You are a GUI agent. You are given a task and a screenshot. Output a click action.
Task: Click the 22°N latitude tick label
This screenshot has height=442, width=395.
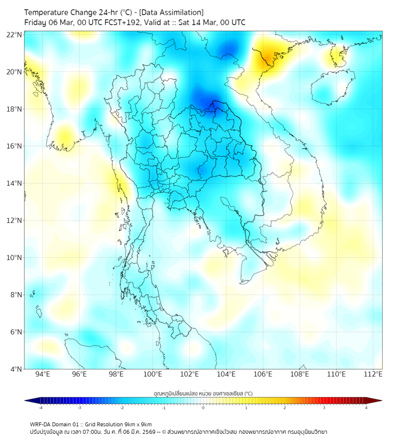click(x=15, y=34)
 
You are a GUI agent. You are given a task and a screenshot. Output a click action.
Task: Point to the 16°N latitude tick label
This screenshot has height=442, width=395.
click(x=15, y=146)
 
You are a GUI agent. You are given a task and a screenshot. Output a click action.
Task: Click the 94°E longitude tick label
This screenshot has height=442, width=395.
click(x=43, y=374)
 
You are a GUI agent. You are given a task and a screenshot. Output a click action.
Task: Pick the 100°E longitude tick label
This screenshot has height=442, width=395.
click(x=153, y=374)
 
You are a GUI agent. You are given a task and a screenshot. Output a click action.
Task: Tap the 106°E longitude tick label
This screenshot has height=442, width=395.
click(x=264, y=374)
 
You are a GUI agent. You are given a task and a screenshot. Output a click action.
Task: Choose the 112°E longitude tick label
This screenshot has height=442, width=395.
click(x=374, y=374)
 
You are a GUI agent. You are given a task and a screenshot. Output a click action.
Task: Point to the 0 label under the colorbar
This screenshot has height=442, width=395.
click(x=203, y=408)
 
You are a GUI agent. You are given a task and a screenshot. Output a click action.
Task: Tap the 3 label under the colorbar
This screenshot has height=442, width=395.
click(x=325, y=408)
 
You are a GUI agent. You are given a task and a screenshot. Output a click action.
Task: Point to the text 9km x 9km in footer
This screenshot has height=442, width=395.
click(x=136, y=424)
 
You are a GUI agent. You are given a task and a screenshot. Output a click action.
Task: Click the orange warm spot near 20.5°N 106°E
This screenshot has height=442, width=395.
click(x=268, y=57)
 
